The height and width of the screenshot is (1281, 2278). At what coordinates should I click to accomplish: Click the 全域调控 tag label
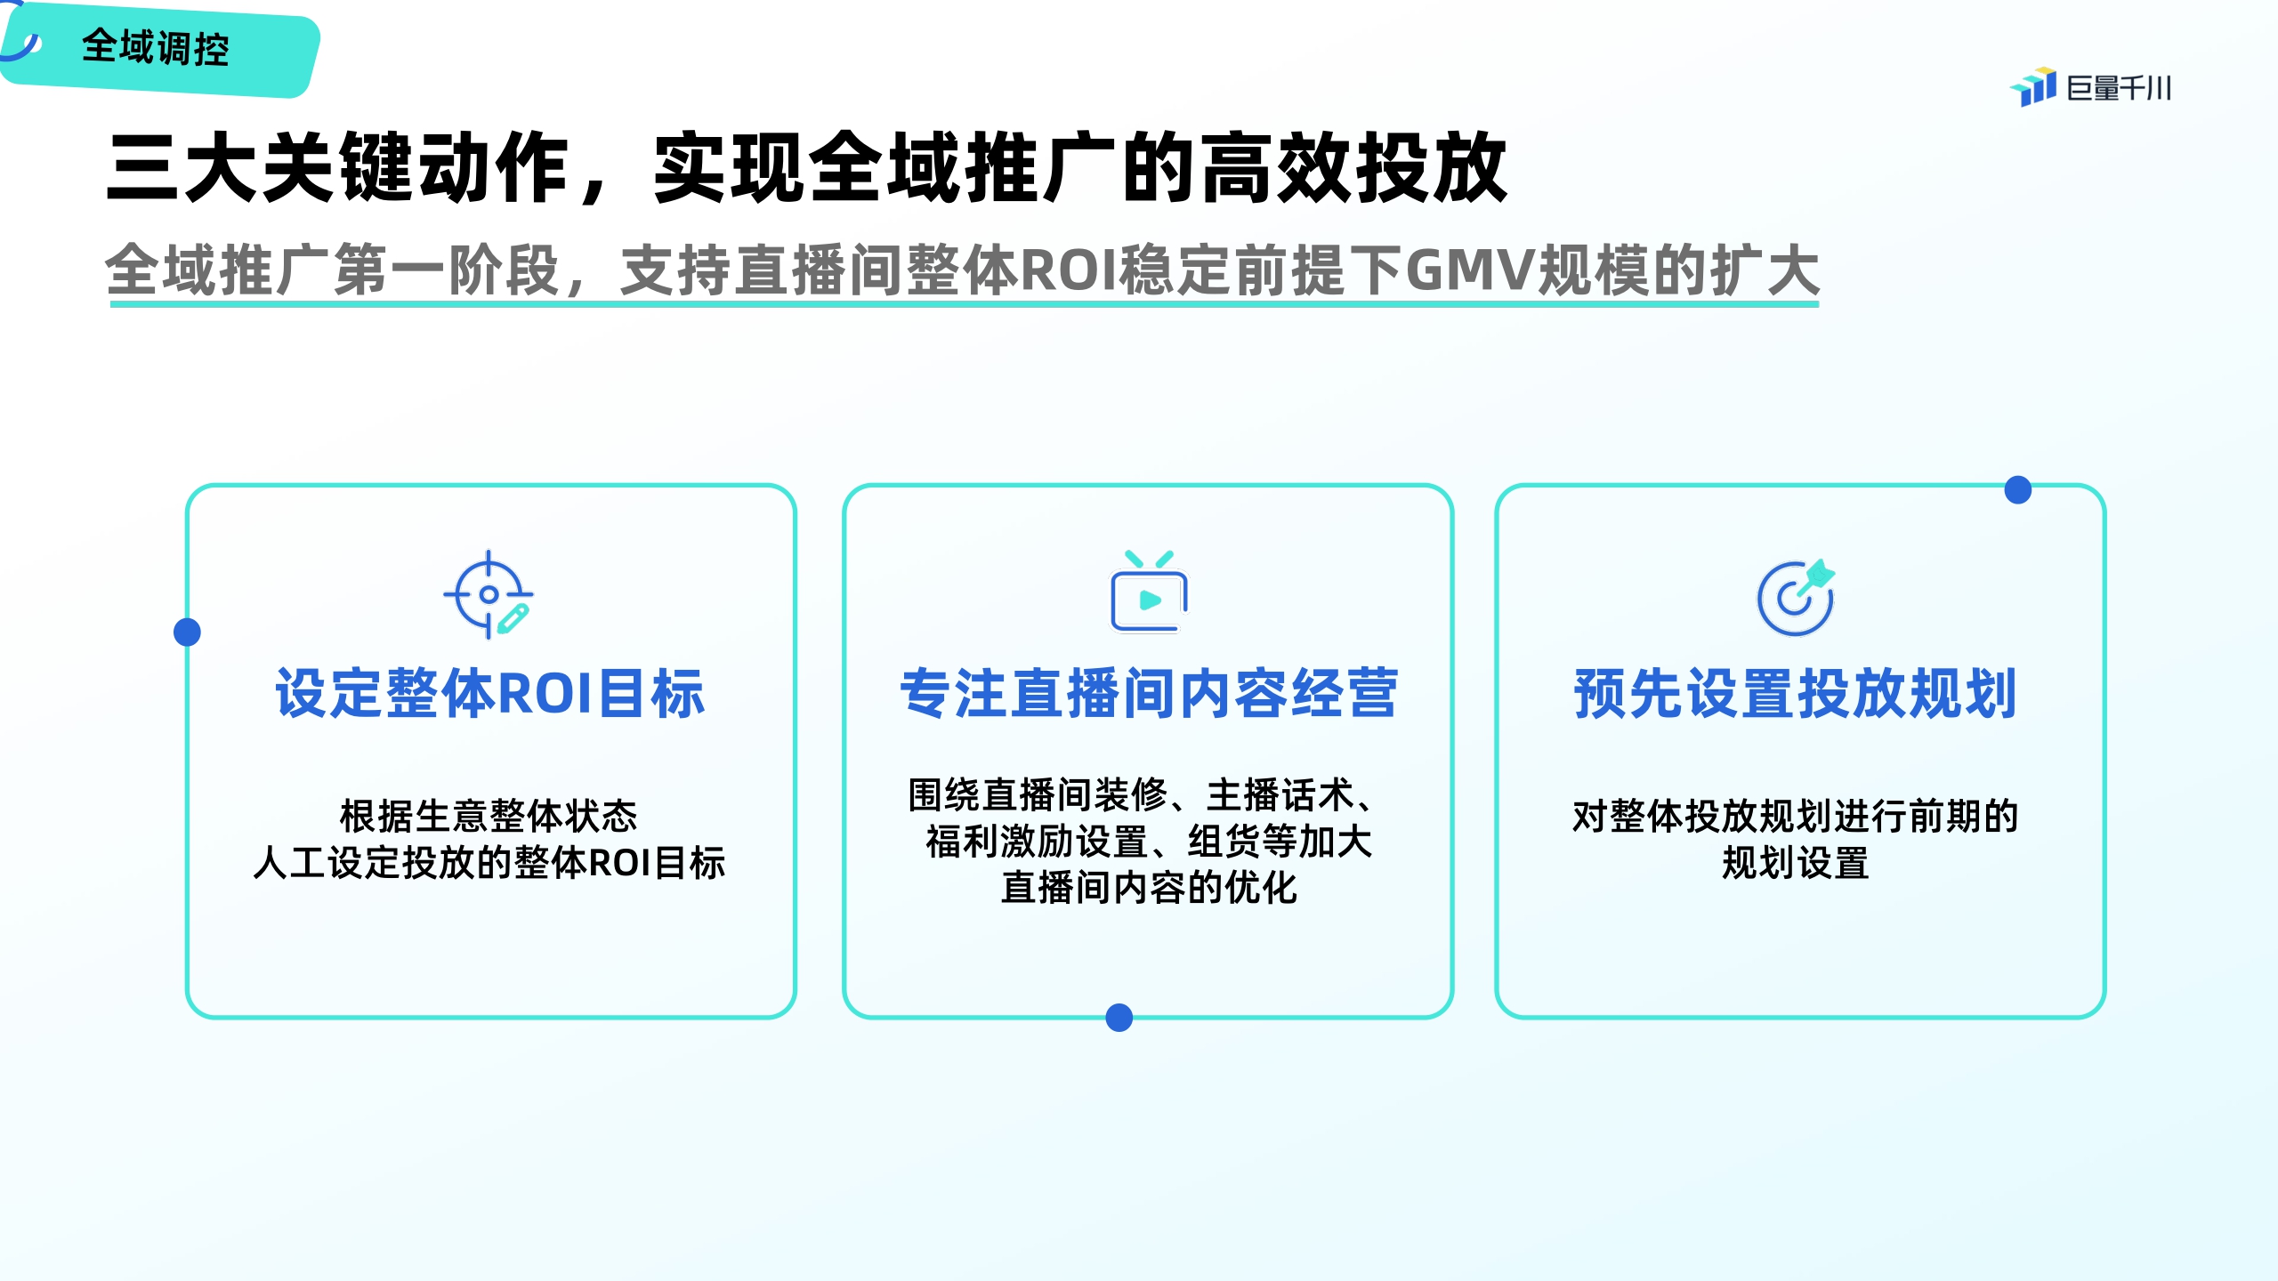156,47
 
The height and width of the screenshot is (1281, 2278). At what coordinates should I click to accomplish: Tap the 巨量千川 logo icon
2033,87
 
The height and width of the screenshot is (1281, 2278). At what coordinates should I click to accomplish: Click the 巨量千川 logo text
2119,88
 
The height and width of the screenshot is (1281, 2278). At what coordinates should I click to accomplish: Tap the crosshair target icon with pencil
489,595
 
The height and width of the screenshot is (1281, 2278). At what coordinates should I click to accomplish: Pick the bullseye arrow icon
1796,597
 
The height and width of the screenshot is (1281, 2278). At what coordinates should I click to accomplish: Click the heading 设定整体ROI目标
490,693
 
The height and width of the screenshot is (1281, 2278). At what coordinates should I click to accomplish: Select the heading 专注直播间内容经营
1149,693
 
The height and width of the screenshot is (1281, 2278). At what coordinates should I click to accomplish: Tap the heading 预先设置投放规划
1795,693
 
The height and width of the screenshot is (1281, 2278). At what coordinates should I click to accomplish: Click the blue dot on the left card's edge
187,632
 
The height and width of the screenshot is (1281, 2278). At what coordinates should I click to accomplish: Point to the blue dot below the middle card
1119,1018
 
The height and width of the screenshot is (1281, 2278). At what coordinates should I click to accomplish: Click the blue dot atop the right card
2018,489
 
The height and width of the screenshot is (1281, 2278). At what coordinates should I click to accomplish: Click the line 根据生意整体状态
489,816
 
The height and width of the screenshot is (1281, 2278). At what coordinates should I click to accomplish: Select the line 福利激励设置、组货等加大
1149,841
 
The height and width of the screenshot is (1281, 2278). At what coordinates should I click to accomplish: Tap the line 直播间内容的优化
1149,887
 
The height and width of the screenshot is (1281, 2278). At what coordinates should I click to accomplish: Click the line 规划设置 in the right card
1795,863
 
